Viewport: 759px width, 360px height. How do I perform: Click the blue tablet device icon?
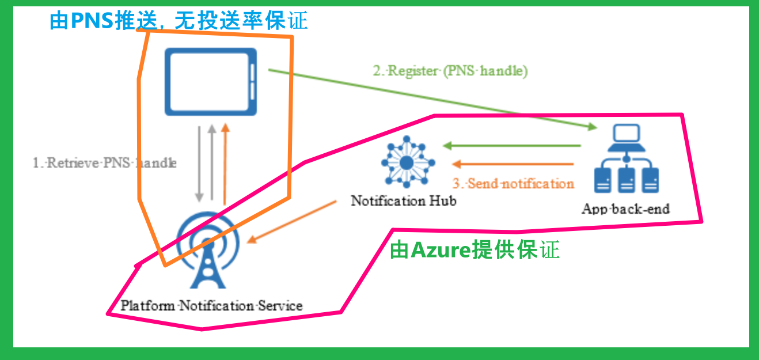pos(210,82)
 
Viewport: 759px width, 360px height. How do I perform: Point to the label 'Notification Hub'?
pos(404,201)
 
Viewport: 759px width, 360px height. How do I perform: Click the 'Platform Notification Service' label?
pos(211,305)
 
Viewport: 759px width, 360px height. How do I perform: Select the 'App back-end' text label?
pos(625,208)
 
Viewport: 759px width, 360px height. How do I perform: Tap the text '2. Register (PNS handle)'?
pos(450,71)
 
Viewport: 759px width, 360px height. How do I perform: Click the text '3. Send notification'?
pos(513,184)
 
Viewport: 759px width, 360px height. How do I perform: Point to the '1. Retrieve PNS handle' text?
pos(104,163)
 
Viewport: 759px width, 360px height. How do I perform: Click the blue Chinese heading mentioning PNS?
pos(179,21)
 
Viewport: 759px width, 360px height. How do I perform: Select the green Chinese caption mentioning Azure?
pos(475,251)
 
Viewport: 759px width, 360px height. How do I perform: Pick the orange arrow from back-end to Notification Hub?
pos(513,164)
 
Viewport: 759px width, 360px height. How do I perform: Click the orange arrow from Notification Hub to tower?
pos(291,221)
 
